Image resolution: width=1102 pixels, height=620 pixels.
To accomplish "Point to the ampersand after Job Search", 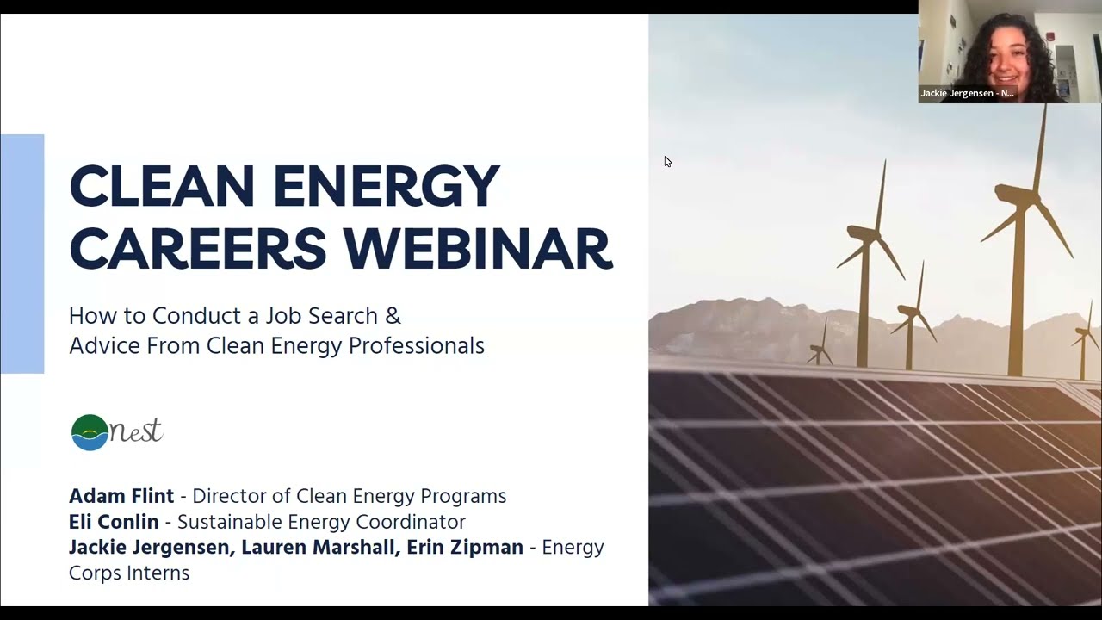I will click(x=393, y=316).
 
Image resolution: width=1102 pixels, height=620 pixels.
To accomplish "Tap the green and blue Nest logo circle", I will click(x=90, y=432).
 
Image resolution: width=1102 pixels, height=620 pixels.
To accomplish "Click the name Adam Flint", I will click(x=121, y=496).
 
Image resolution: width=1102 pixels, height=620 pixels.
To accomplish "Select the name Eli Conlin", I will click(x=114, y=522).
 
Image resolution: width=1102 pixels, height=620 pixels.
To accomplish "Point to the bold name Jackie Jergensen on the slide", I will click(x=152, y=548).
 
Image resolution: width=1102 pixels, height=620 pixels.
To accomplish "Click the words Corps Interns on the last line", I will click(x=129, y=573).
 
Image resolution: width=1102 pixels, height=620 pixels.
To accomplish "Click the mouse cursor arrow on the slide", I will click(x=667, y=161).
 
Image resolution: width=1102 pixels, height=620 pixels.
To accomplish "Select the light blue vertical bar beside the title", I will click(x=22, y=254).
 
